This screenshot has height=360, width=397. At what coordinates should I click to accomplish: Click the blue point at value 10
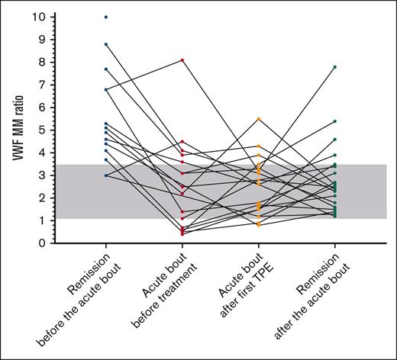coord(106,17)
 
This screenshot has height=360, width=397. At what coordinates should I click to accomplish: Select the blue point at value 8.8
coord(106,44)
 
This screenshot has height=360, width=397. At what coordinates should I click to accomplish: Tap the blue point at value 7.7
coord(106,69)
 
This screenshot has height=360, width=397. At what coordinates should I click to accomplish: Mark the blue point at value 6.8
coord(106,89)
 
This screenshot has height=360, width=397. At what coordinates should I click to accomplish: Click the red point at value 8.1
coord(182,60)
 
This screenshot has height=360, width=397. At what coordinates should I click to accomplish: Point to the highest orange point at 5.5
coord(258,119)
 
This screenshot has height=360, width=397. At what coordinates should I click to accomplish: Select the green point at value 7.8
coord(334,67)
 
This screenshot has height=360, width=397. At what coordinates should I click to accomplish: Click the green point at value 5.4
coord(334,121)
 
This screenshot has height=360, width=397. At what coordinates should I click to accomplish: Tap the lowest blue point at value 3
coord(106,175)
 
